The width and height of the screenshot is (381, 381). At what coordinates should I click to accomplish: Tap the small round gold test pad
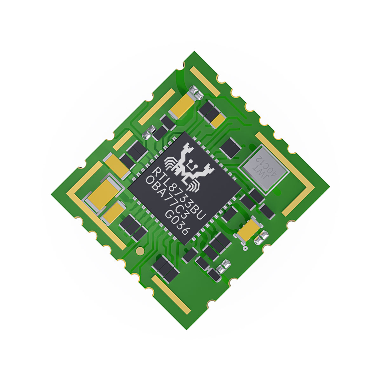pyautogui.click(x=139, y=251)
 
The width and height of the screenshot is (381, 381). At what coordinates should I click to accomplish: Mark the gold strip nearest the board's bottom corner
pyautogui.click(x=171, y=294)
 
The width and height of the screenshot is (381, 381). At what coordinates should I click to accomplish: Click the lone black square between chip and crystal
pyautogui.click(x=230, y=148)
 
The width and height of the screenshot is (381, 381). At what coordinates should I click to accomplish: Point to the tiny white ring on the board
pyautogui.click(x=244, y=248)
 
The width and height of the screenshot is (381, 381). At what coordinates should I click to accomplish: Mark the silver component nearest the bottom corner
pyautogui.click(x=224, y=266)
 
